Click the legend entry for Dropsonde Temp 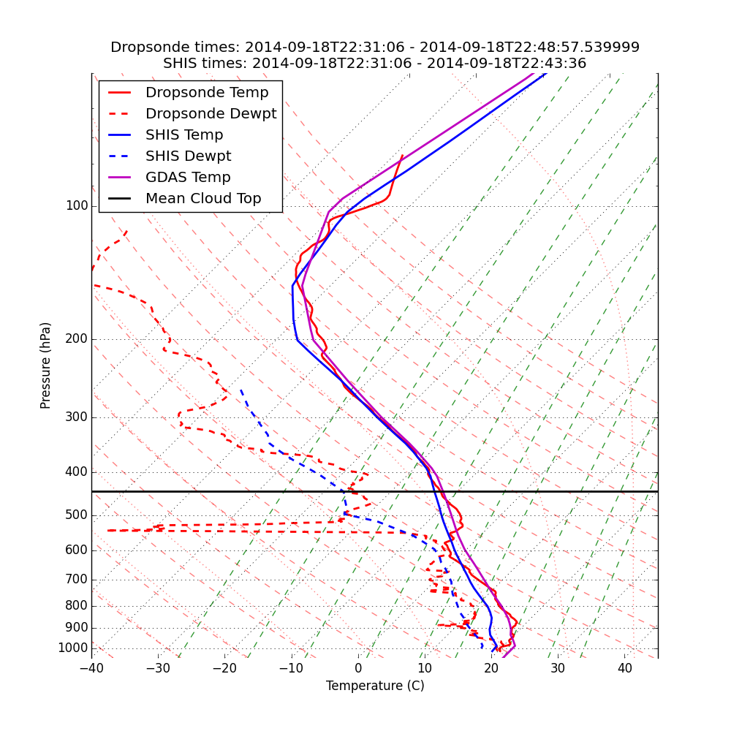coord(207,93)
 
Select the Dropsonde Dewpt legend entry coord(211,114)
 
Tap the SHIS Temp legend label coord(184,135)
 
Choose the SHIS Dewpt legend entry coord(188,156)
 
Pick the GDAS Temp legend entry coord(188,178)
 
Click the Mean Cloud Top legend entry coord(203,199)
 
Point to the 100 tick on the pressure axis coord(76,206)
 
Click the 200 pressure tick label coord(76,339)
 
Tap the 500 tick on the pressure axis coord(76,515)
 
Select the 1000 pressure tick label coord(72,648)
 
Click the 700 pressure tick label coord(76,580)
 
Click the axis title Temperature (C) coord(375,686)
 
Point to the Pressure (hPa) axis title coord(46,365)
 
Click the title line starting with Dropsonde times coord(375,48)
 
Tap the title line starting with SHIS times coord(375,64)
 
